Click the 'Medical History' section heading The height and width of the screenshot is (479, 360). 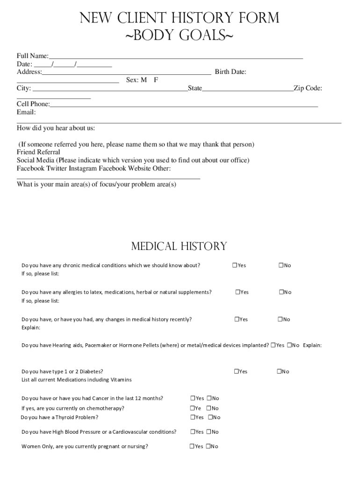(x=179, y=247)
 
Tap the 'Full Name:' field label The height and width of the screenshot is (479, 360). (x=33, y=56)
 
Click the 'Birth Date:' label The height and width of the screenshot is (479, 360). (x=230, y=72)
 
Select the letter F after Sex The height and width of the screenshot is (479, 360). (x=156, y=80)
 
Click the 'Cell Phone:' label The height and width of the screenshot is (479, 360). (x=33, y=104)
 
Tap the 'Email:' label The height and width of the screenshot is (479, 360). (x=26, y=112)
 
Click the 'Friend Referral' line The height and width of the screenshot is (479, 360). (x=38, y=152)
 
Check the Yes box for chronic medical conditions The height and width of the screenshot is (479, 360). (x=234, y=265)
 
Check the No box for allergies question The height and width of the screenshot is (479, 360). (x=282, y=292)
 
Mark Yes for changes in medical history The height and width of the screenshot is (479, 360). (x=237, y=319)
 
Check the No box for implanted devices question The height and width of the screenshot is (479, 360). (x=289, y=345)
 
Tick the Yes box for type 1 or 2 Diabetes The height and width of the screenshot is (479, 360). (x=236, y=371)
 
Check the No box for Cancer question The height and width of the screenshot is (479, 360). (x=209, y=398)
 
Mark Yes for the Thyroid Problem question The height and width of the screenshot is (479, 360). (x=192, y=417)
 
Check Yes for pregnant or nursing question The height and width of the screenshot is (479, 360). (x=192, y=446)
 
